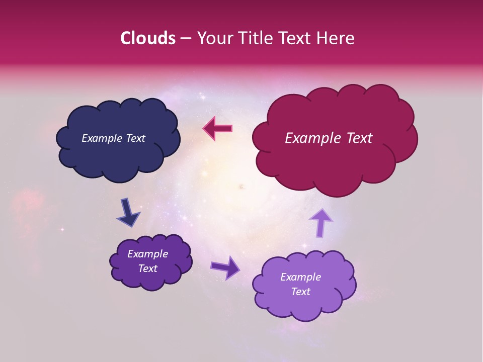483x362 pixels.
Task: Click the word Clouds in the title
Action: (148, 38)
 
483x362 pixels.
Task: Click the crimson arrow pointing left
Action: (218, 128)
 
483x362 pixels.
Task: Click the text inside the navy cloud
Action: (113, 138)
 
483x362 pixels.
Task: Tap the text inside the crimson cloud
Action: (329, 138)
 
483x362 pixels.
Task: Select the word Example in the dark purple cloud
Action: (147, 254)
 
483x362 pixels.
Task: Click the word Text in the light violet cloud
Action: (300, 292)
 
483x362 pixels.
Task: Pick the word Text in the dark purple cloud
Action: (147, 268)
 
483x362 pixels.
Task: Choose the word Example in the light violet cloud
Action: (300, 277)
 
